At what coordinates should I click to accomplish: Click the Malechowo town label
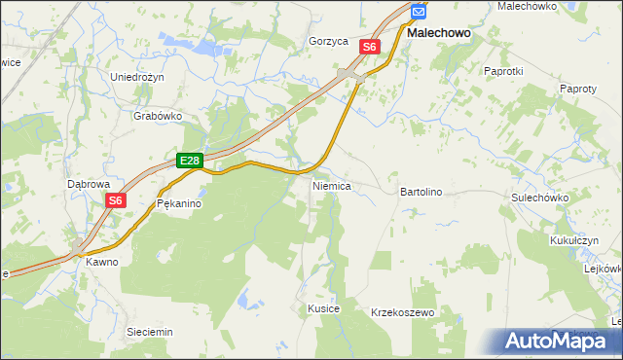coord(438,32)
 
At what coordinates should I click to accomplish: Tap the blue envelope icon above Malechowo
coord(418,11)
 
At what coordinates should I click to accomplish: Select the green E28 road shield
coord(190,161)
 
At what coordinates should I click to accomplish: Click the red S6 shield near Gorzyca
coord(369,46)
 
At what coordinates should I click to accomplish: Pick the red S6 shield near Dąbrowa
coord(116,201)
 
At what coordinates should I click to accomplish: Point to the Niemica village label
coord(331,185)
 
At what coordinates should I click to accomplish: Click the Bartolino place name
coord(421,193)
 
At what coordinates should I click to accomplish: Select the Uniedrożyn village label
coord(139,78)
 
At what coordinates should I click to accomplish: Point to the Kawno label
coord(101,262)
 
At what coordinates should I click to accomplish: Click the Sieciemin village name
coord(150,332)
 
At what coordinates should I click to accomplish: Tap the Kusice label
coord(323,308)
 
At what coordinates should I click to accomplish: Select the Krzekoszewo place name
coord(402,313)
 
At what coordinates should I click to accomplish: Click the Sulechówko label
coord(539,198)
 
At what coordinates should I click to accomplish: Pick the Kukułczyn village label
coord(578,238)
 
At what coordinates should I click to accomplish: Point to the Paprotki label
coord(503,71)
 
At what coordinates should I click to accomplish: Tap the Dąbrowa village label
coord(89,183)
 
